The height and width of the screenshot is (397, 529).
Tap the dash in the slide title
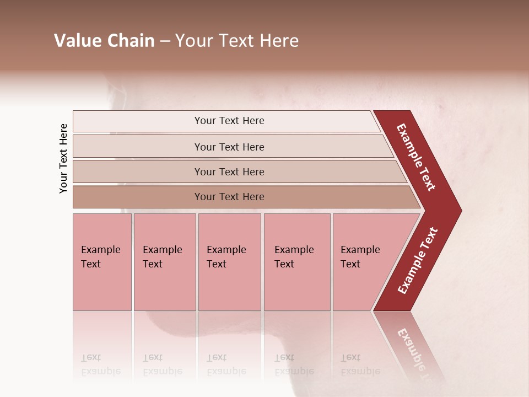pyautogui.click(x=165, y=41)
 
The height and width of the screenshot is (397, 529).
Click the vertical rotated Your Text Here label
pyautogui.click(x=63, y=158)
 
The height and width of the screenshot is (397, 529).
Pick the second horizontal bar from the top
pyautogui.click(x=229, y=147)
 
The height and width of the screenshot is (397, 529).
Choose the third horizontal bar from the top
pyautogui.click(x=229, y=171)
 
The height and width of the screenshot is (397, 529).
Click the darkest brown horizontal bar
pyautogui.click(x=229, y=197)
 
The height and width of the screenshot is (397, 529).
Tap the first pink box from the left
pyautogui.click(x=102, y=262)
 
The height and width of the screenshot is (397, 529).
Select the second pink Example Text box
pyautogui.click(x=164, y=262)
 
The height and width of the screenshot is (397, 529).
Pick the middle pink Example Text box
pyautogui.click(x=229, y=262)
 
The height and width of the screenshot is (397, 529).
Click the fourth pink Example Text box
pyautogui.click(x=296, y=262)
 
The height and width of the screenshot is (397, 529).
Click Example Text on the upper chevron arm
pyautogui.click(x=416, y=157)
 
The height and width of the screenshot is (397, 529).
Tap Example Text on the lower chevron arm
pyautogui.click(x=418, y=260)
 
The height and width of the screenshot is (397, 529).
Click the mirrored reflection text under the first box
pyautogui.click(x=100, y=365)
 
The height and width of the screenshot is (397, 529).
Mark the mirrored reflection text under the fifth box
pyautogui.click(x=360, y=365)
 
